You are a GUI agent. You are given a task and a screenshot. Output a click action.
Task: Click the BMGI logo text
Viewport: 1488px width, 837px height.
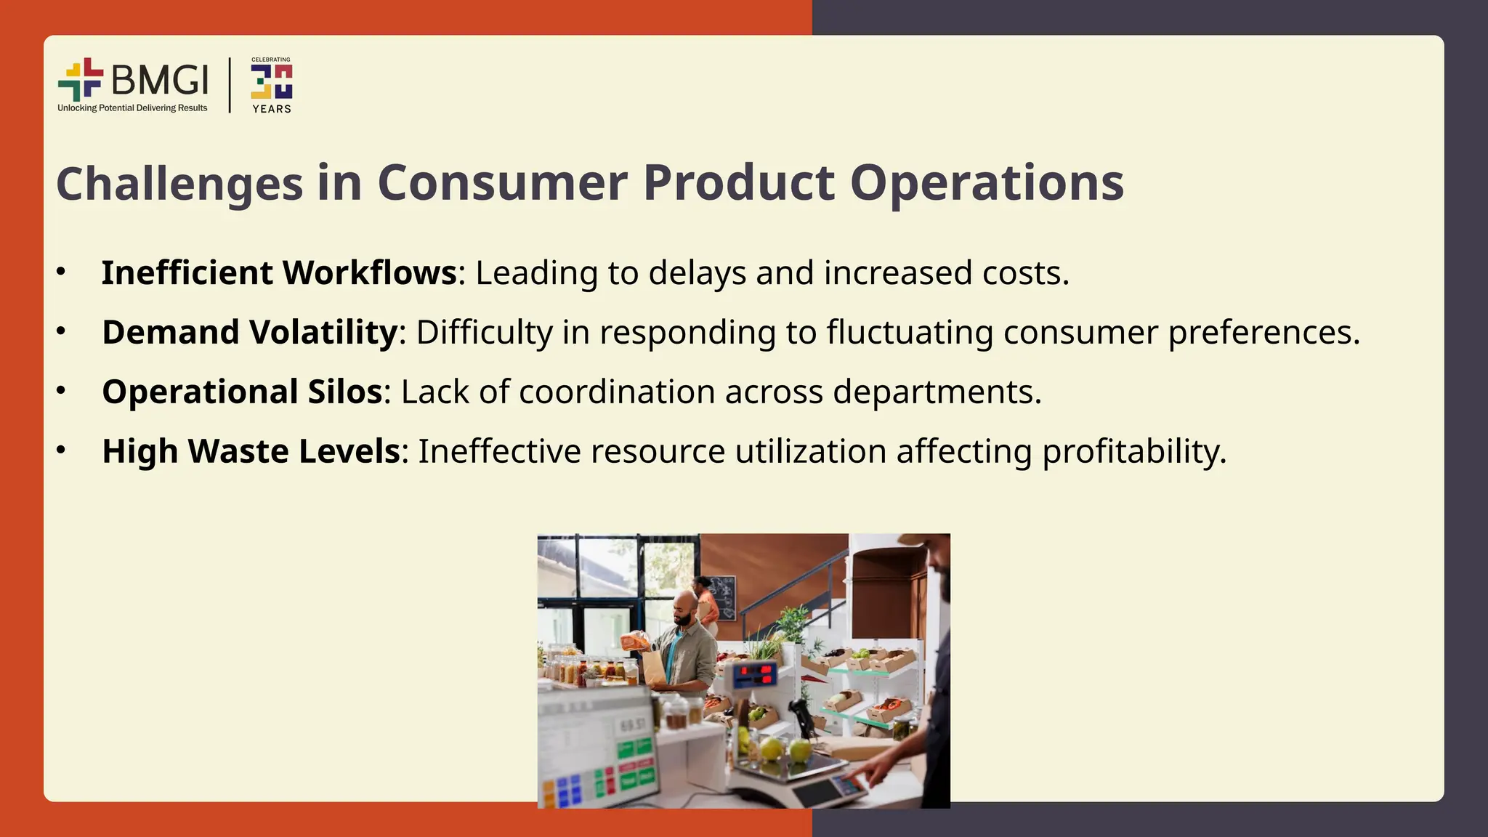(160, 79)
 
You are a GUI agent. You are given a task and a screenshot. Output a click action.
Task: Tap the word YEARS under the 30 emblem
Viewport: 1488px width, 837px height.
(272, 109)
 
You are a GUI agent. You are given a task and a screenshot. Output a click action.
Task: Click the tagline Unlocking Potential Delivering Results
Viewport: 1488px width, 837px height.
(132, 108)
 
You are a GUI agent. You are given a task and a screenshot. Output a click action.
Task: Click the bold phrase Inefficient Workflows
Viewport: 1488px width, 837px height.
(279, 273)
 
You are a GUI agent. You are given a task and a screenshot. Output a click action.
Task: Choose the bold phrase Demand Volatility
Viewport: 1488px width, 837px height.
(249, 333)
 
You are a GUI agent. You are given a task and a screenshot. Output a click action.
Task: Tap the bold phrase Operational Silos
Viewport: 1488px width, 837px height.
(242, 392)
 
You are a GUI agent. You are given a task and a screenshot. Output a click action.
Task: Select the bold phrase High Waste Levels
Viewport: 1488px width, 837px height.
(251, 451)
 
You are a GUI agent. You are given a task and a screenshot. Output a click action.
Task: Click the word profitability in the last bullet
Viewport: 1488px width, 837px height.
(1133, 451)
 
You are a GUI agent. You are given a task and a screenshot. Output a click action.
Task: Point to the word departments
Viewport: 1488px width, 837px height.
(937, 392)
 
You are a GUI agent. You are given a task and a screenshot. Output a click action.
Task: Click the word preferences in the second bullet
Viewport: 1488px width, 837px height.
(1263, 333)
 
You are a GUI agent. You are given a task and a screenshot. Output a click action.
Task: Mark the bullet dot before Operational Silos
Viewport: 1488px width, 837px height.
(61, 391)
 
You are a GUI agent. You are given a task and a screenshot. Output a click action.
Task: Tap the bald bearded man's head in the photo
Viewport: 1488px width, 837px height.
(684, 607)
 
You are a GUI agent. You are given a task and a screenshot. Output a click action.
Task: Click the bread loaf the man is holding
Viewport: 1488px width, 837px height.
(635, 641)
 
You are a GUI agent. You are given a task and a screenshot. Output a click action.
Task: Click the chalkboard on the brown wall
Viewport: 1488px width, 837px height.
(721, 594)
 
